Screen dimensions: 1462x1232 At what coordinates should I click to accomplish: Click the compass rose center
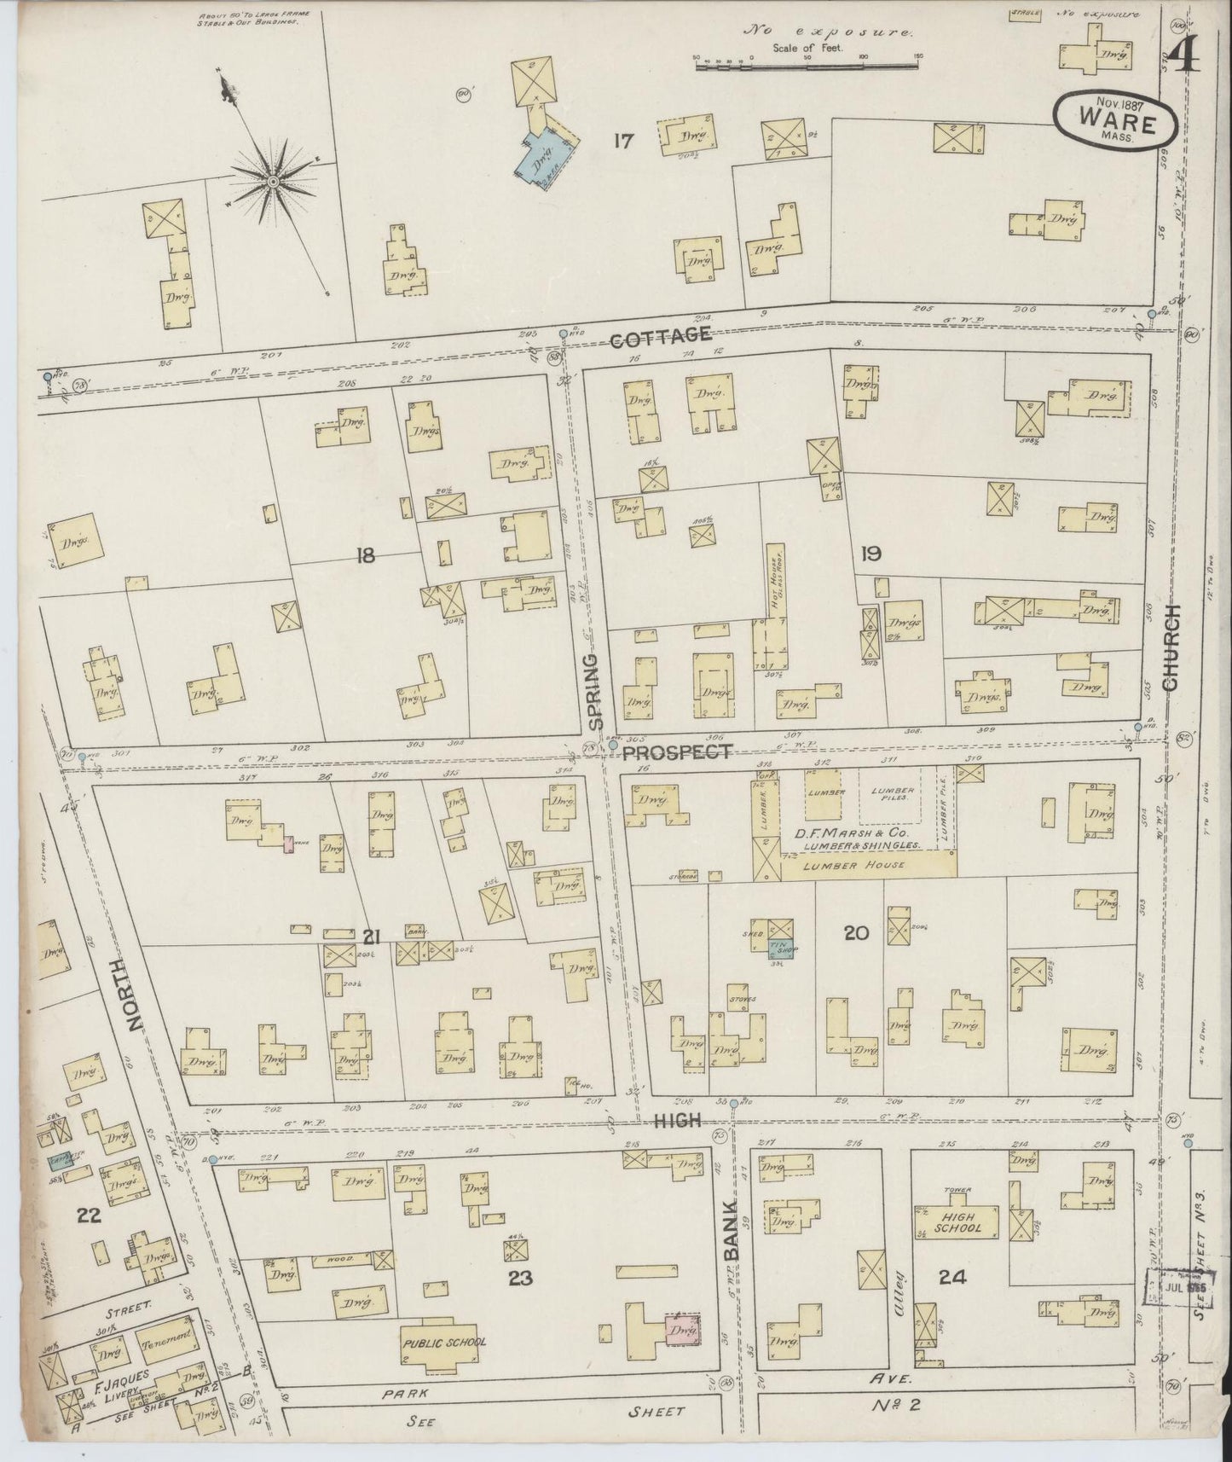tap(273, 181)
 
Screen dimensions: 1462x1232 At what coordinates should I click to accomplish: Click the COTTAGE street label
tap(661, 335)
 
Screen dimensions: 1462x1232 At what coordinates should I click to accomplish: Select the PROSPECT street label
tap(675, 751)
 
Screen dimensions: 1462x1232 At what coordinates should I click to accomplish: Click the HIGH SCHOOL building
tap(959, 1221)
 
